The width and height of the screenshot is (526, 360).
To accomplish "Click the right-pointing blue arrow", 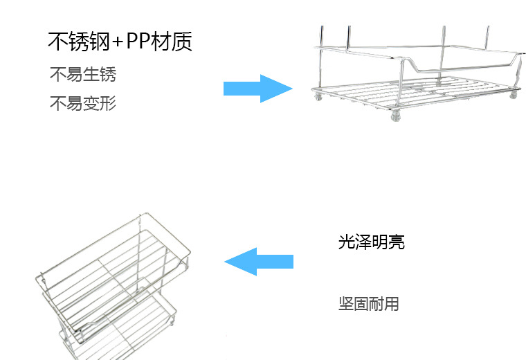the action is coord(258,89).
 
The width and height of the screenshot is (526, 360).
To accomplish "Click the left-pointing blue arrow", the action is coord(259,262).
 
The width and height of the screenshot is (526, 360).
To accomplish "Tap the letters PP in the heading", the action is coord(138,42).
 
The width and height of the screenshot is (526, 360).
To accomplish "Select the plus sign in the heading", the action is coord(118,42).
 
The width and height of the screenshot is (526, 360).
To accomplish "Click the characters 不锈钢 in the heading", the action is coord(79,42).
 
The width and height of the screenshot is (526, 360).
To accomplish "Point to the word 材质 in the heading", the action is coord(172,42).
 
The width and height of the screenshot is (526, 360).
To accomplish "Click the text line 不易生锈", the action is coord(83,74).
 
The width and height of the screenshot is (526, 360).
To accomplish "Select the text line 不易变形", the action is coord(83,103).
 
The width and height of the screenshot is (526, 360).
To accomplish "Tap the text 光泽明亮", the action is coord(372,242).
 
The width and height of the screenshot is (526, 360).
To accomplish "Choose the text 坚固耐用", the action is coord(369,304).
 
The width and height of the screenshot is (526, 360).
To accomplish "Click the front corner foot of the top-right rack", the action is coord(396,116).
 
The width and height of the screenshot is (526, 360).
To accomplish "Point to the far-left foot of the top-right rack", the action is coord(318,96).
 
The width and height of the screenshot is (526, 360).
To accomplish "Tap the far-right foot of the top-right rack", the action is coord(514,95).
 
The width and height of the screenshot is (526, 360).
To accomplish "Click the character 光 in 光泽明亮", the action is coord(346,242).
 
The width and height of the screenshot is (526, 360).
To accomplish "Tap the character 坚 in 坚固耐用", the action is coord(346,304).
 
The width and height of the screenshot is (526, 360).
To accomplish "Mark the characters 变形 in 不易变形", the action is coord(100,103).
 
